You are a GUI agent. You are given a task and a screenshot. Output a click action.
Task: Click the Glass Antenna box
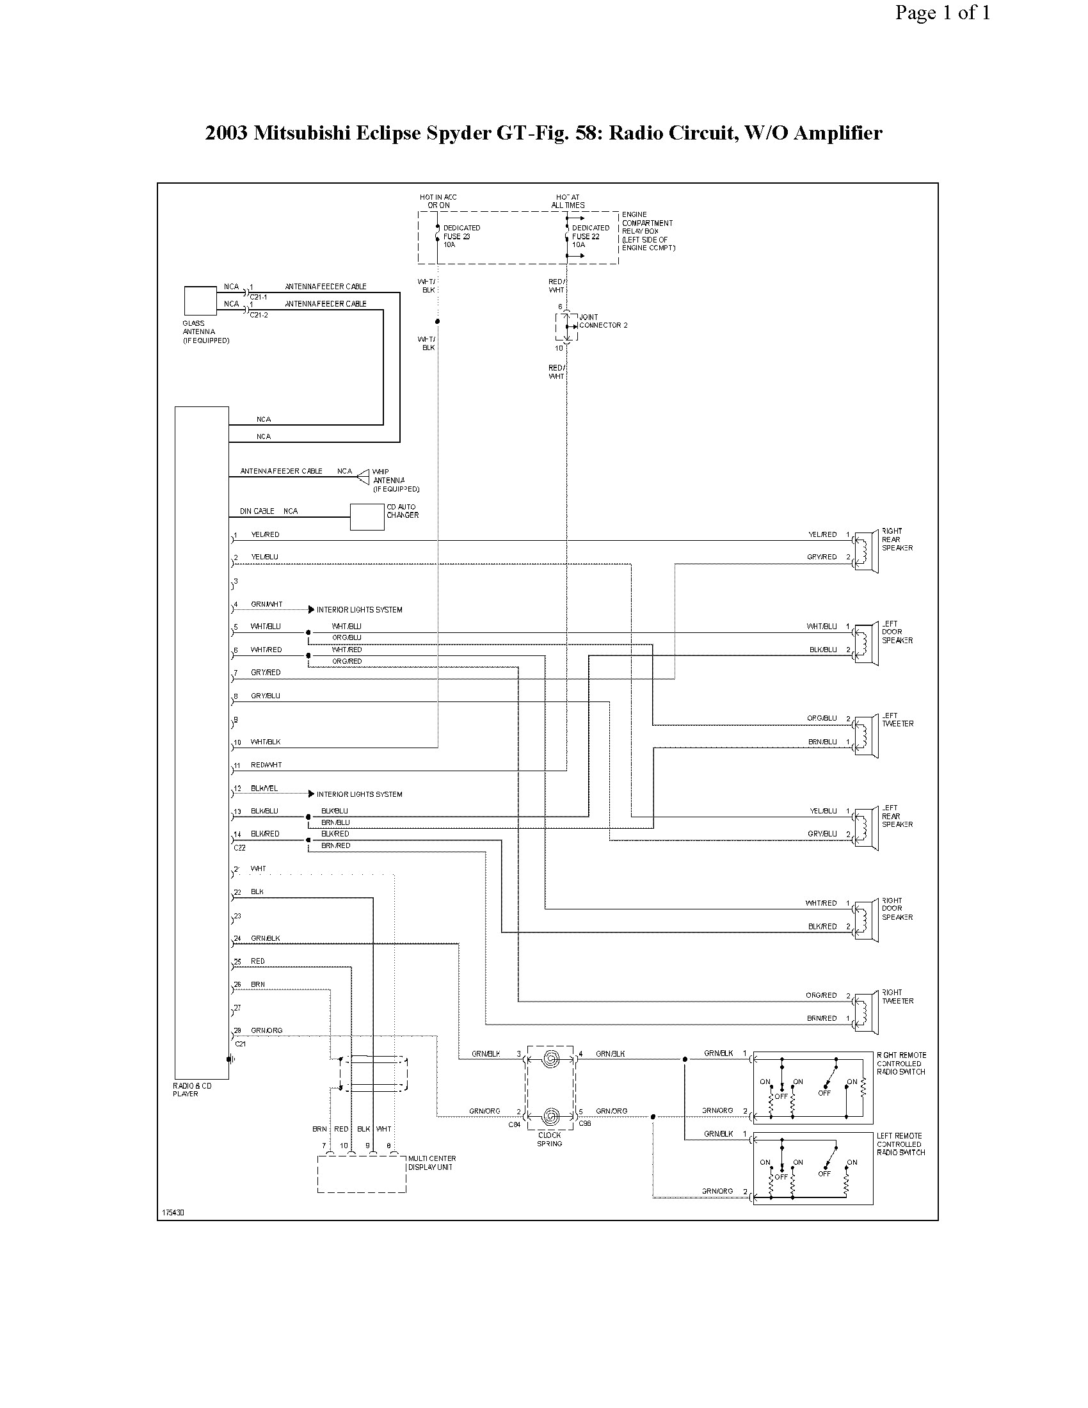(x=200, y=301)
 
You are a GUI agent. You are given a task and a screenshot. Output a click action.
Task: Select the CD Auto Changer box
(x=367, y=517)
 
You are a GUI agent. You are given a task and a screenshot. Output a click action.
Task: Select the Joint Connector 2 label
(x=602, y=321)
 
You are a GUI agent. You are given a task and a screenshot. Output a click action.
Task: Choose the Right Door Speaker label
(x=897, y=908)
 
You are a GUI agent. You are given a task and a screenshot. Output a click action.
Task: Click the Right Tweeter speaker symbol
(x=867, y=1013)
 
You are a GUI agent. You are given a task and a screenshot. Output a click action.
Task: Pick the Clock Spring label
(x=550, y=1139)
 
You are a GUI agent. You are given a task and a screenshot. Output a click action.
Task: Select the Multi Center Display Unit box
(x=362, y=1174)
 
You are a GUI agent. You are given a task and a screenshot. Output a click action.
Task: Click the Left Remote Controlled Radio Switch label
(x=900, y=1144)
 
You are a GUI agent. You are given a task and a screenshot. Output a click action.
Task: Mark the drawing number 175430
(x=173, y=1212)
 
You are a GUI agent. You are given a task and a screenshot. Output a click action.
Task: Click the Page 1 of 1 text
(x=941, y=13)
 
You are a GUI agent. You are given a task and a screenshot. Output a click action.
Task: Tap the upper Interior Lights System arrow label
(x=359, y=609)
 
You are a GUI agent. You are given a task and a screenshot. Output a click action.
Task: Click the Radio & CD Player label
(x=191, y=1089)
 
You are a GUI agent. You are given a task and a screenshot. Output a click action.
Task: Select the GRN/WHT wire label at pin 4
(x=266, y=604)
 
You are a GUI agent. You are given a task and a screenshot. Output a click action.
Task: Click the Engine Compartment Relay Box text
(x=647, y=231)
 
